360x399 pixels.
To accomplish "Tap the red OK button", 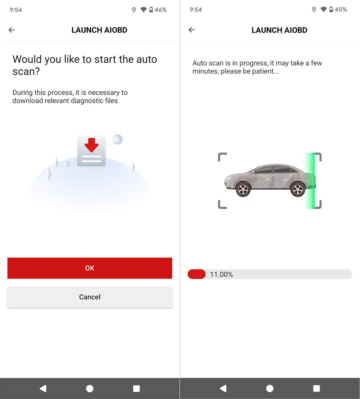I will [90, 268].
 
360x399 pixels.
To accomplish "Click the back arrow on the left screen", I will [12, 30].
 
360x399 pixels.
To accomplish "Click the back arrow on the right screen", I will [192, 30].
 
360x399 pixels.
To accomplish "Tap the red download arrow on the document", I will [92, 145].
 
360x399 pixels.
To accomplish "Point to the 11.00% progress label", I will [221, 275].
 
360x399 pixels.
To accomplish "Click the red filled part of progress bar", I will [196, 274].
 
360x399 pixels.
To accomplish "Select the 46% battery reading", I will [161, 10].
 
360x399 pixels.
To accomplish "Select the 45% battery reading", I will [341, 10].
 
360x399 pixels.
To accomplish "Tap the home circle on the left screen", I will [90, 388].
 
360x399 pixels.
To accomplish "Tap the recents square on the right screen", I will [316, 388].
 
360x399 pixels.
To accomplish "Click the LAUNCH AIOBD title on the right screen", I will [279, 30].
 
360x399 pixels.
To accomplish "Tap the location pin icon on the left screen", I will [134, 10].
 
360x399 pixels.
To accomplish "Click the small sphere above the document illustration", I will [117, 139].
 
